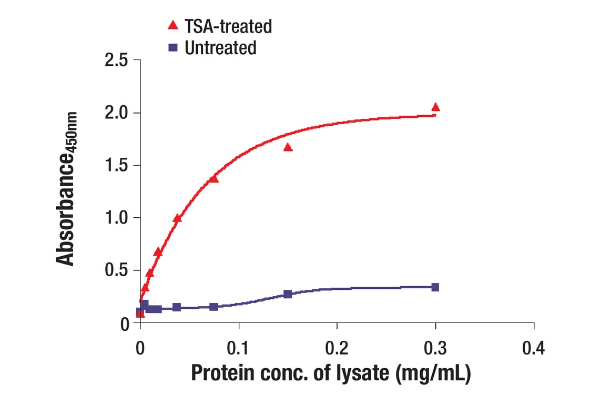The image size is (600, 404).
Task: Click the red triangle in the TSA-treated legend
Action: (x=172, y=25)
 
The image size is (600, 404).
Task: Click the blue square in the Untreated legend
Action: (x=172, y=47)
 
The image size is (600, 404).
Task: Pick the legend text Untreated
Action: (x=220, y=48)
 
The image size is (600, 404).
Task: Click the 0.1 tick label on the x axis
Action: (x=239, y=348)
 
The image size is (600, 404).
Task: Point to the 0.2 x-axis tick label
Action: (x=337, y=348)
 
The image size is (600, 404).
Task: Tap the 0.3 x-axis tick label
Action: (x=435, y=348)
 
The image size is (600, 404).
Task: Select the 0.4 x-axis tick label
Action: (x=534, y=348)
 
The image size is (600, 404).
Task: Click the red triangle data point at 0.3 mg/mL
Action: (x=435, y=107)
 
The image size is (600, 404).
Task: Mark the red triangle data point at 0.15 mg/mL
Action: (x=288, y=147)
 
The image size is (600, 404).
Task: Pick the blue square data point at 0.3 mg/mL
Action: (x=435, y=287)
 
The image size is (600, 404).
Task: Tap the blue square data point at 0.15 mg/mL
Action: (x=288, y=294)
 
